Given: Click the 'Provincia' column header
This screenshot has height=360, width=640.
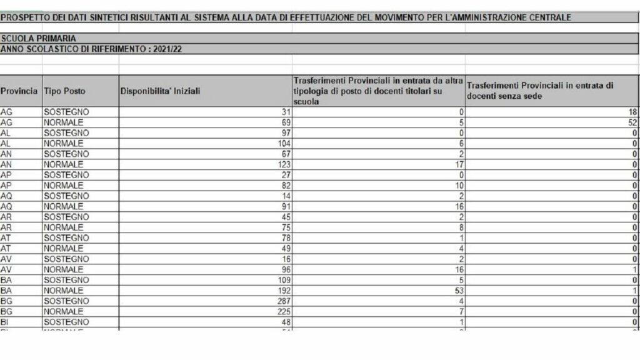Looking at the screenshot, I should pos(19,91).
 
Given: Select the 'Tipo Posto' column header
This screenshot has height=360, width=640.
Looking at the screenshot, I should pos(64,91).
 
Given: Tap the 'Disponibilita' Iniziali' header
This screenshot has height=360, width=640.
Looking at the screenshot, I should pos(160,91).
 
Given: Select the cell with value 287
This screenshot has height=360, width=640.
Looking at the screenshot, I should pos(284,301).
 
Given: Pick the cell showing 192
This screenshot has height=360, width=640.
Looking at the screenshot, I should pos(284,291).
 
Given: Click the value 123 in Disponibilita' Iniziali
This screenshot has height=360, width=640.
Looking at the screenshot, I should pos(284,164).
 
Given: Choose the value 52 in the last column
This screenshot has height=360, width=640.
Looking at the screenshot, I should pos(631,122).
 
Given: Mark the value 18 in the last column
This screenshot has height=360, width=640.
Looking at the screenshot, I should pos(631,112).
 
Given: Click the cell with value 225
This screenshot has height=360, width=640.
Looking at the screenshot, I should pos(284,312).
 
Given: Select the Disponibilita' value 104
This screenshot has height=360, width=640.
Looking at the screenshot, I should pos(284,143).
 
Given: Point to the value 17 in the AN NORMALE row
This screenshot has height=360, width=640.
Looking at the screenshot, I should pos(458,164).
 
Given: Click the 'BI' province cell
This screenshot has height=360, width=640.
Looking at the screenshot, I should pos(6,322).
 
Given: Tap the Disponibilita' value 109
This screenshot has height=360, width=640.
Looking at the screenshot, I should pos(284,280).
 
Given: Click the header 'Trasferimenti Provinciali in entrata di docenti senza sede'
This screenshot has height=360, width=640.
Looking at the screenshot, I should pos(541,91).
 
